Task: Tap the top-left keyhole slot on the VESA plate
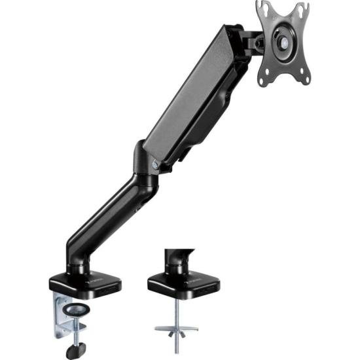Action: [x=263, y=9]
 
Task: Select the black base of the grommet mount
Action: [x=183, y=283]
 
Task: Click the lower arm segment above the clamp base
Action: [x=105, y=216]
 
